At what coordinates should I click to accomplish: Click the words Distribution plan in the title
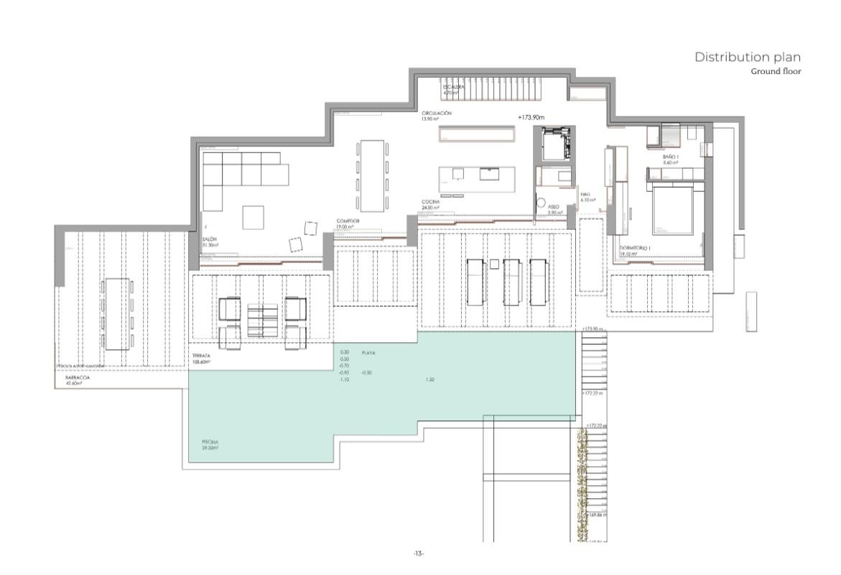tap(747, 57)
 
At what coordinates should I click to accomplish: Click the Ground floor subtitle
tap(776, 72)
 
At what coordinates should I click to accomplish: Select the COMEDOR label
tap(348, 221)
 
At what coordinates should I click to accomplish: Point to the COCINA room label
tap(431, 203)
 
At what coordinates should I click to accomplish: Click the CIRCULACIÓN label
tap(437, 114)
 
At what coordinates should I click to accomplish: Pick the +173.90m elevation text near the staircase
tap(533, 116)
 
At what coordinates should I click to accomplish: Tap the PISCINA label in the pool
tap(210, 442)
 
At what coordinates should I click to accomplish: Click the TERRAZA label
tap(201, 356)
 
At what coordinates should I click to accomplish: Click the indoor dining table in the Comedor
tap(371, 173)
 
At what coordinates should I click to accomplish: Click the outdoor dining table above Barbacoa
tap(116, 313)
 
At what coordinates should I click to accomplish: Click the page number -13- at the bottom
tap(419, 553)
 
